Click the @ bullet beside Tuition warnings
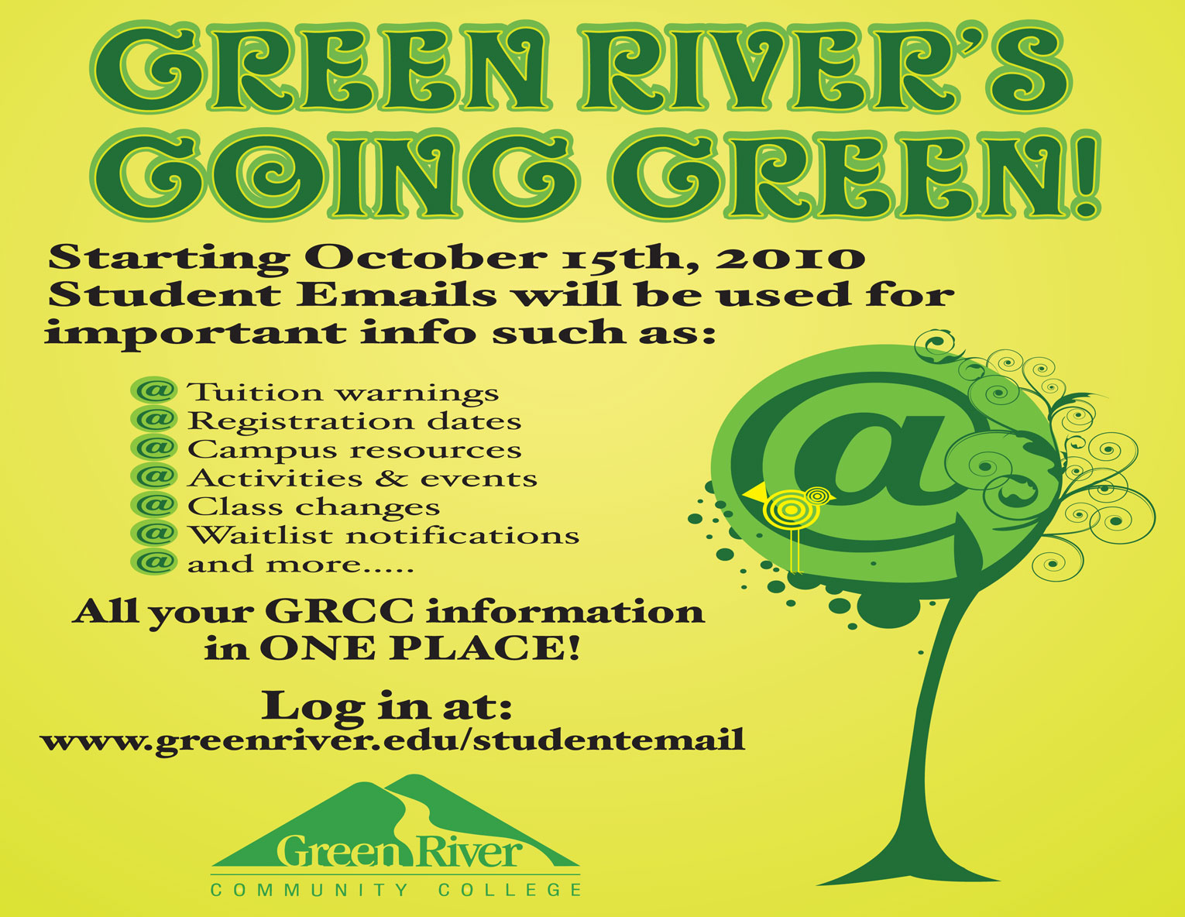click(155, 390)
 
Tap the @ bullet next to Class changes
click(155, 505)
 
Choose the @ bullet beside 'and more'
click(155, 562)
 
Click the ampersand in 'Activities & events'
click(391, 479)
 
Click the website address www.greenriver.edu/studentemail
click(393, 740)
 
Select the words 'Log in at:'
click(387, 705)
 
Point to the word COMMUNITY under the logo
click(310, 890)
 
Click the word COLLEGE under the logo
click(510, 890)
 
